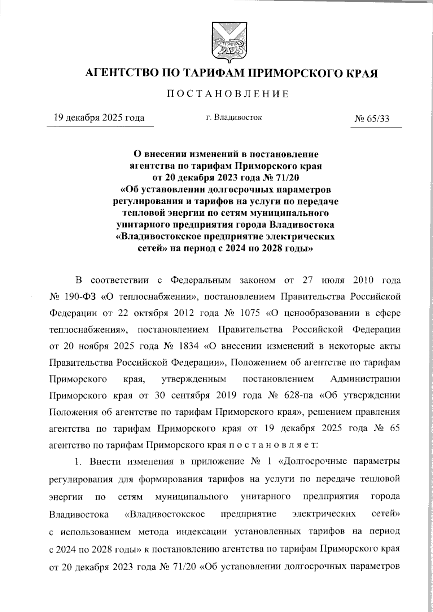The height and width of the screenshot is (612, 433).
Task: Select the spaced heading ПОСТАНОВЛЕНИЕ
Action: (227, 94)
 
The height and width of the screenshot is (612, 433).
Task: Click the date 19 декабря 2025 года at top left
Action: (99, 118)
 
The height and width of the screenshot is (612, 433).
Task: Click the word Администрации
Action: (365, 379)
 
